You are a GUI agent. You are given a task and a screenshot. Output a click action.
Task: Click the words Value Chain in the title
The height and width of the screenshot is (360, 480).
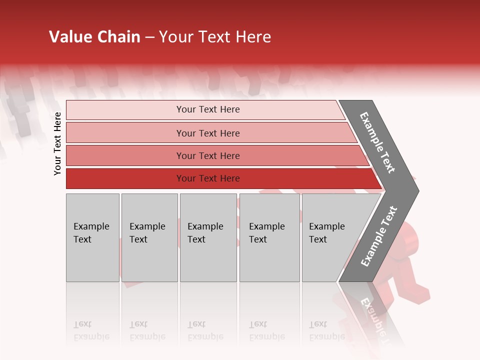94,37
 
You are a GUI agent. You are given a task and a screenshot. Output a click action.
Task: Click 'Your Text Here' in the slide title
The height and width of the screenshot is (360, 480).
215,37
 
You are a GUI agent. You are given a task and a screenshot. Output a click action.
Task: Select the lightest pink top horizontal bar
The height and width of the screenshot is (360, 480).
125,110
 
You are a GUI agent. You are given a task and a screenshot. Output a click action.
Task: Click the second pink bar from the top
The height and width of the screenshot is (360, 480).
125,133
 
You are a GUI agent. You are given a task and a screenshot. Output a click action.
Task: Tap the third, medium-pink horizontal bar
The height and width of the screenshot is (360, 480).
125,155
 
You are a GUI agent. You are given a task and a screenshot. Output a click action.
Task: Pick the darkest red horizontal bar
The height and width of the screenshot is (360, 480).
125,178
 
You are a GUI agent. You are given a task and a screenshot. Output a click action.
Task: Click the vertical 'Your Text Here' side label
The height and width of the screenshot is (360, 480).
57,144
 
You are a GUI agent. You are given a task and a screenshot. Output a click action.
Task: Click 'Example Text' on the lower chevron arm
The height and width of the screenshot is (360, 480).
378,236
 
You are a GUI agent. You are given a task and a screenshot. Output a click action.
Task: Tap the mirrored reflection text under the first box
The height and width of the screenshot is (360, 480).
91,330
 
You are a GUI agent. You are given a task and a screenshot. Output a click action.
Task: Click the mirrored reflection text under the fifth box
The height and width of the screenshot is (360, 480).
326,330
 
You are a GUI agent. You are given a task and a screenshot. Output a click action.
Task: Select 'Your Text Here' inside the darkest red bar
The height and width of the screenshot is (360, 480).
208,178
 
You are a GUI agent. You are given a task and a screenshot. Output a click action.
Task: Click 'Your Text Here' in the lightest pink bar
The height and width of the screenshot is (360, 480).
208,109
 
